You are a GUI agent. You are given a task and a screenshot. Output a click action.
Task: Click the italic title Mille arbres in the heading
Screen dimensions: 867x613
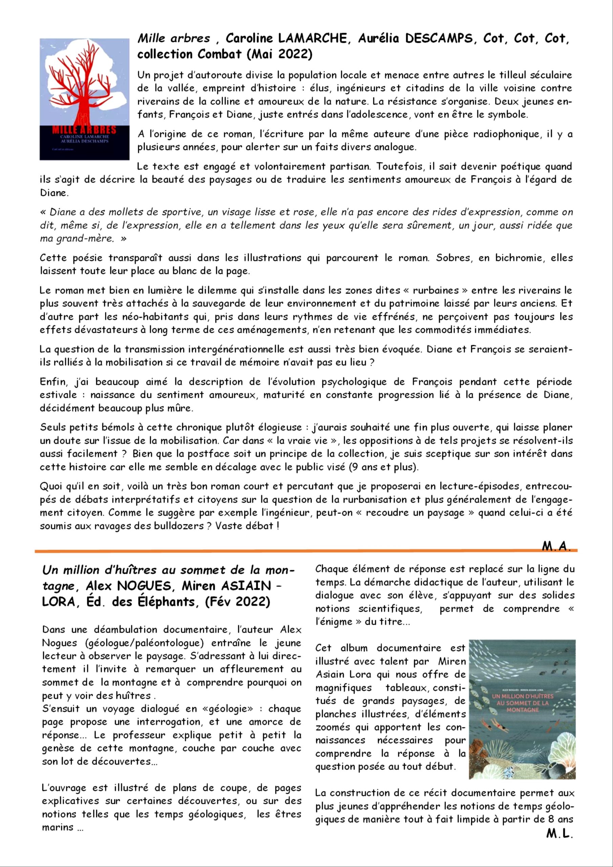coord(173,39)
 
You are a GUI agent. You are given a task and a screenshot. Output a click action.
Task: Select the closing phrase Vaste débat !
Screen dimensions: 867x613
coord(247,526)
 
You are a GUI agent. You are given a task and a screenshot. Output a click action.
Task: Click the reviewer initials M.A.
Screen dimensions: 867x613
coord(555,546)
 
